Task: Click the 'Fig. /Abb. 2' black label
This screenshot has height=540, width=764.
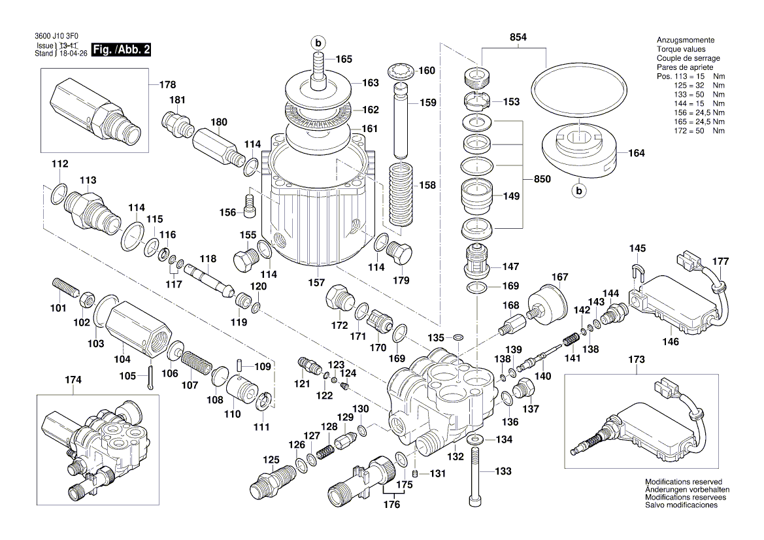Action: click(121, 50)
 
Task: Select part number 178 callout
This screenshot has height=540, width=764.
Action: click(168, 84)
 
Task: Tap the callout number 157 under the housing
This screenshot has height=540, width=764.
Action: click(316, 282)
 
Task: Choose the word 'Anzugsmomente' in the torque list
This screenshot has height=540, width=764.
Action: click(685, 40)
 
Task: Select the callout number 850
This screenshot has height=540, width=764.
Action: click(542, 179)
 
